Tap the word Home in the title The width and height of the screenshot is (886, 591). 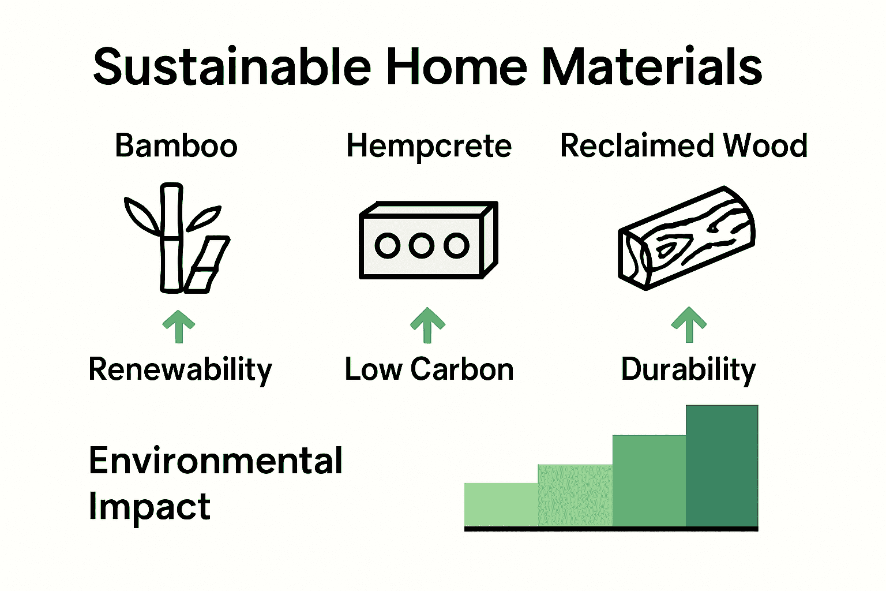click(x=456, y=68)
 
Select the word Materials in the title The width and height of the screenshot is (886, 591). click(x=652, y=68)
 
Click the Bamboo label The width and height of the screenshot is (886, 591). click(x=176, y=145)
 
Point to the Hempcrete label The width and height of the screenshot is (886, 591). click(x=429, y=147)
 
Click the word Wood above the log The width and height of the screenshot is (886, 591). click(x=765, y=145)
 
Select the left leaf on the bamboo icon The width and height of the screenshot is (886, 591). click(x=142, y=215)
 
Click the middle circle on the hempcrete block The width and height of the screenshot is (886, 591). click(x=422, y=246)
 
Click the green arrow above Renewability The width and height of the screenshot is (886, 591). click(x=179, y=326)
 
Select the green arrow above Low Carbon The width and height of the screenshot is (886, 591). click(x=427, y=325)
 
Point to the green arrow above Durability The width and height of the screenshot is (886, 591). click(x=689, y=324)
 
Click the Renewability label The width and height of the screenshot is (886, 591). click(x=180, y=370)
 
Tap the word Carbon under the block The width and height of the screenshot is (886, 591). click(x=462, y=369)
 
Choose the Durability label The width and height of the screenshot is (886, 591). click(x=688, y=370)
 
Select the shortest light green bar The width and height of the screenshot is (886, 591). click(x=501, y=504)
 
